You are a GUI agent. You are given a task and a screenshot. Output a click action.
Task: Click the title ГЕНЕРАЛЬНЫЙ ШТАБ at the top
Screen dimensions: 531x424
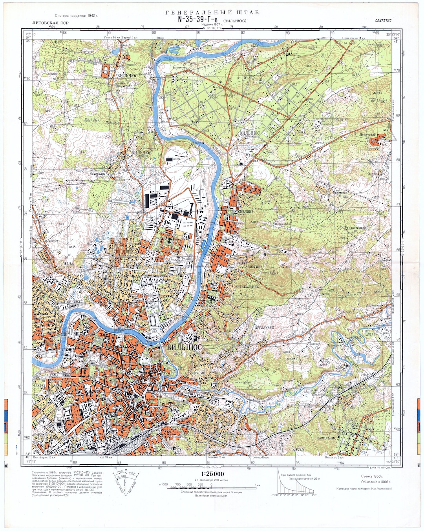(212, 12)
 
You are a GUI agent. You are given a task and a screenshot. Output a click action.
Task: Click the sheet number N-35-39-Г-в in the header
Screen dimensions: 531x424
(199, 19)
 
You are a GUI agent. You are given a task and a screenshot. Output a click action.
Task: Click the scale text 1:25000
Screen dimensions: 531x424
(212, 474)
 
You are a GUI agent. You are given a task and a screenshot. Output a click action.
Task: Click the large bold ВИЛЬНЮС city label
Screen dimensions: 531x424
(184, 347)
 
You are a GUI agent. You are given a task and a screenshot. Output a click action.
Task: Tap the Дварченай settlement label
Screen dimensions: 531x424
(367, 135)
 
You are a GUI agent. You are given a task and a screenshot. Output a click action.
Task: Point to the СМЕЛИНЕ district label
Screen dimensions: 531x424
(245, 211)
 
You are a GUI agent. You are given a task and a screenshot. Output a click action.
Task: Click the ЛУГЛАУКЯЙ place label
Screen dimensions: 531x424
(264, 327)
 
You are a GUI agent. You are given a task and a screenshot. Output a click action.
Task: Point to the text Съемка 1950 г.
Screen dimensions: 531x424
(372, 476)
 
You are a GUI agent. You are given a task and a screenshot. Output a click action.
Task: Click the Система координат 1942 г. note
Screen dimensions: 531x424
(77, 16)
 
